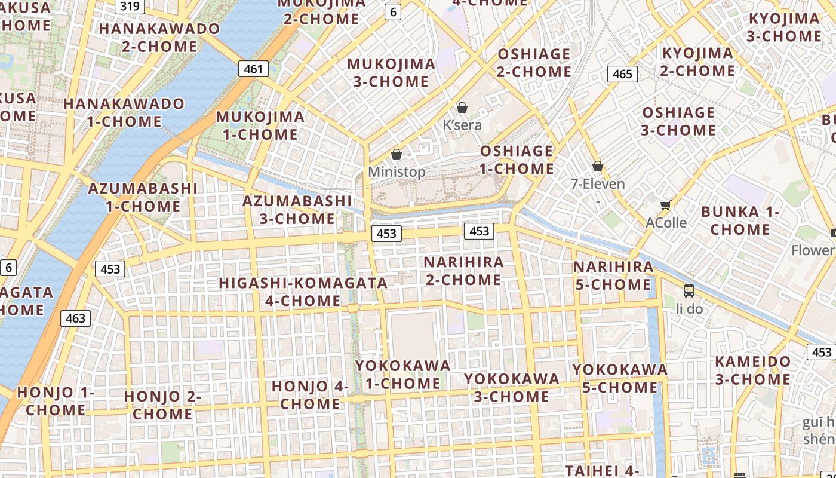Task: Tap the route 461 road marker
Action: point(253,69)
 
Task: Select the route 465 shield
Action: point(622,74)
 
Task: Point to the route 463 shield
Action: point(75,318)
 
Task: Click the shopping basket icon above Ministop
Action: point(396,154)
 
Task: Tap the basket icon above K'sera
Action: point(462,108)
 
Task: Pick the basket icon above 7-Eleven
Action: point(597,166)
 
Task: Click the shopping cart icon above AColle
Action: point(665,205)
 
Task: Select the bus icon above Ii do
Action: point(689,291)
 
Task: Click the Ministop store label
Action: point(397,172)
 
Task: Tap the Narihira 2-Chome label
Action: point(463,271)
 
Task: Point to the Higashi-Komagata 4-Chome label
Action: point(303,292)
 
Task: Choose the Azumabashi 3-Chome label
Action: point(297,210)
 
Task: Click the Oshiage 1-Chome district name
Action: point(517,160)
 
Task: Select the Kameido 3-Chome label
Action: point(752,370)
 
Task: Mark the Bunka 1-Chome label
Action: point(740,220)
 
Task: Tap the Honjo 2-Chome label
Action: point(162,405)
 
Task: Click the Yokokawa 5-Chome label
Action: point(619,378)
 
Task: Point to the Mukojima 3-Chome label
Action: point(391,73)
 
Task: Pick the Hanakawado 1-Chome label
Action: point(124,112)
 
